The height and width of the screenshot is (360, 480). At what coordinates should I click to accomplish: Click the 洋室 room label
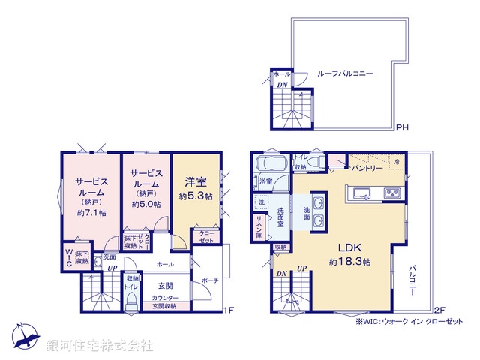coord(196,181)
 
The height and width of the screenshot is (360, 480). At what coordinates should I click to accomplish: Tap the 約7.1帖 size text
coord(91,213)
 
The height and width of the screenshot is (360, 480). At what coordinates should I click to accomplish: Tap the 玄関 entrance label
coord(165,285)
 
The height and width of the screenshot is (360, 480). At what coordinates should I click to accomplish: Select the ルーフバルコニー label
coord(345,73)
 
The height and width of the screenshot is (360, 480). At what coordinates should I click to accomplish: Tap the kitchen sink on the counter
coord(358,194)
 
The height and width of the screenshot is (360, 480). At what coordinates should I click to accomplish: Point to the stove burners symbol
coord(394,194)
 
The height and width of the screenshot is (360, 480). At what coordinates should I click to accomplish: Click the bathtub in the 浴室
coord(268,164)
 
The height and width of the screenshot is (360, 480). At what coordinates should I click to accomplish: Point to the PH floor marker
coord(401,127)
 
